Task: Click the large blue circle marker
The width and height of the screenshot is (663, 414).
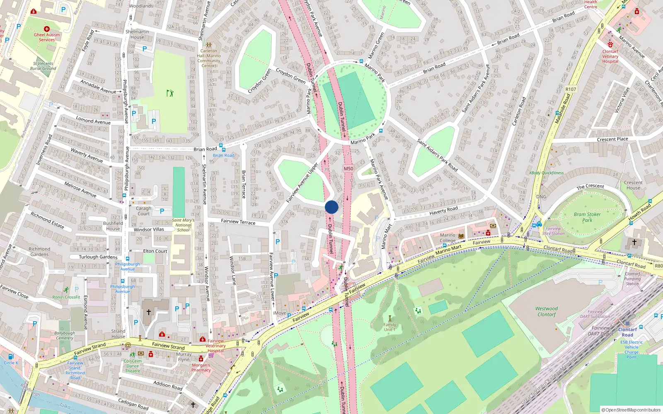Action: click(x=331, y=207)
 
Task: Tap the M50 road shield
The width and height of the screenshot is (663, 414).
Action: click(x=348, y=168)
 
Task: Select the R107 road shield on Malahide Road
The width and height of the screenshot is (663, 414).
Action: click(x=571, y=89)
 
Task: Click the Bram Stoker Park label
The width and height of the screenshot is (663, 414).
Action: click(x=587, y=217)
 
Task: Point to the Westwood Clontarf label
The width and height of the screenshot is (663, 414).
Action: click(x=547, y=311)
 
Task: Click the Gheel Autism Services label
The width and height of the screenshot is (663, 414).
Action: click(x=47, y=37)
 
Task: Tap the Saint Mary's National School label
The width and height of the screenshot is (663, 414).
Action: click(x=183, y=225)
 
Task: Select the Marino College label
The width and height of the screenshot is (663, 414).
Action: click(x=448, y=238)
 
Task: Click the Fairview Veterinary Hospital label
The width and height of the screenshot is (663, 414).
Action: click(x=215, y=346)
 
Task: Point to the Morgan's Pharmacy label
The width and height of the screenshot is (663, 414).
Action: click(x=201, y=368)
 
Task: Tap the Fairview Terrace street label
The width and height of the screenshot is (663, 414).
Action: click(x=238, y=222)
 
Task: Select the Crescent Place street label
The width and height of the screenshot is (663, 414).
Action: click(x=612, y=140)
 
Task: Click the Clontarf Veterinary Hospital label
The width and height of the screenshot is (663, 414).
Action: click(x=610, y=56)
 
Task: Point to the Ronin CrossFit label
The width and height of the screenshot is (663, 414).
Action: click(x=66, y=297)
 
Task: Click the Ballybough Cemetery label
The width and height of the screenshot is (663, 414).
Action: click(x=65, y=335)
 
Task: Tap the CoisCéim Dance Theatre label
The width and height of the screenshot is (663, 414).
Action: click(x=133, y=366)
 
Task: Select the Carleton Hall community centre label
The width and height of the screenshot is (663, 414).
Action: click(x=209, y=58)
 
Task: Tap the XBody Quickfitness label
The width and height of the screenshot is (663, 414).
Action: click(x=546, y=173)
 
